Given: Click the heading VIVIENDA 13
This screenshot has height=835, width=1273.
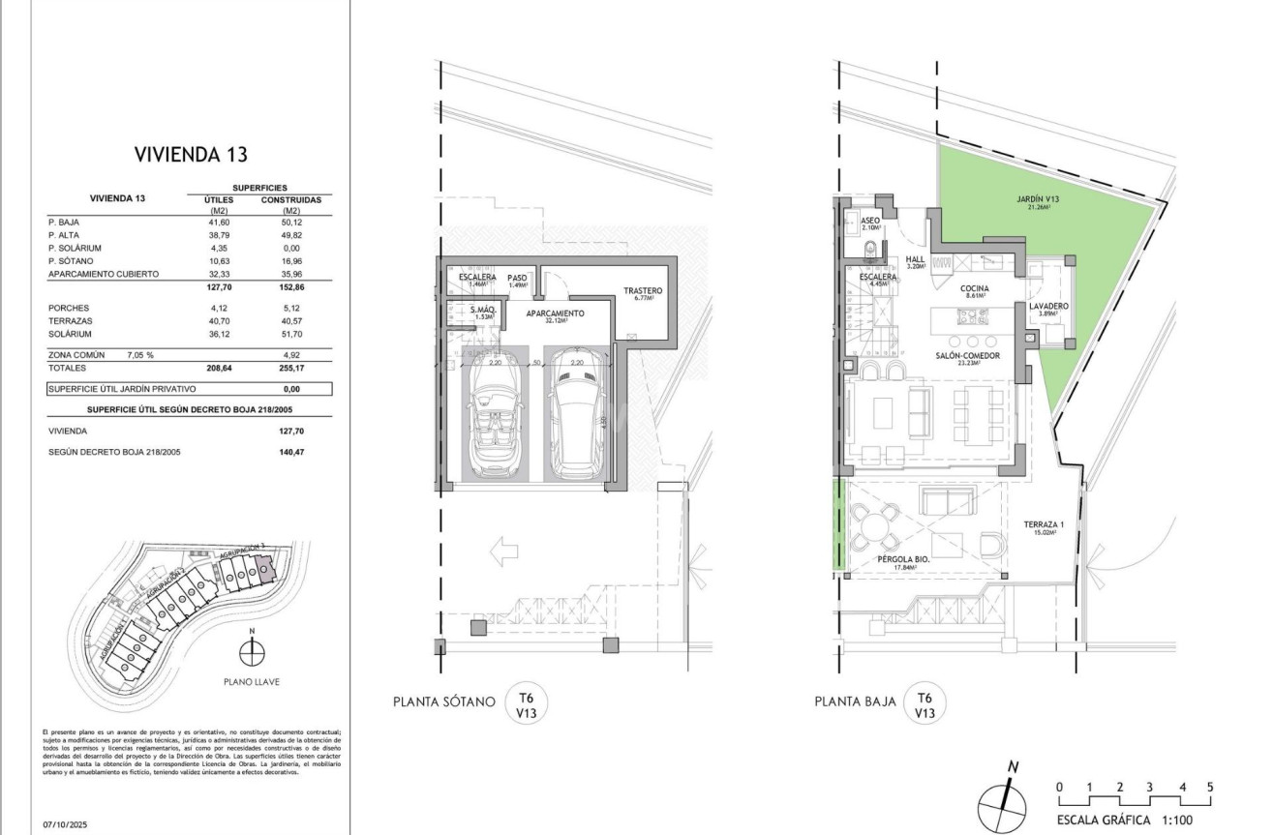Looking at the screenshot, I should click(182, 155).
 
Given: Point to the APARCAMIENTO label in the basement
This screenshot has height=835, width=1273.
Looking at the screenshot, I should click(556, 314).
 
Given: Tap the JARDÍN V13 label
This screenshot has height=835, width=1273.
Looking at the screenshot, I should click(1038, 200).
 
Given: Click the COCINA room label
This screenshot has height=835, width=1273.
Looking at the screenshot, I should click(974, 289).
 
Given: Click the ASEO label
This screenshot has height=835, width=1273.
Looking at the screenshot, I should click(870, 222).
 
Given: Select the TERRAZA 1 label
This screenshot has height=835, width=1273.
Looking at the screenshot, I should click(1044, 525).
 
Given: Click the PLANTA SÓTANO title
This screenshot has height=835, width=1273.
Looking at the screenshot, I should click(444, 701).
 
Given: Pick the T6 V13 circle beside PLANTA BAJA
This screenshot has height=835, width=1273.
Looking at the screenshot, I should click(924, 702).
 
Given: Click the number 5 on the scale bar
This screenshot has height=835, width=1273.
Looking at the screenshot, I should click(1209, 787).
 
